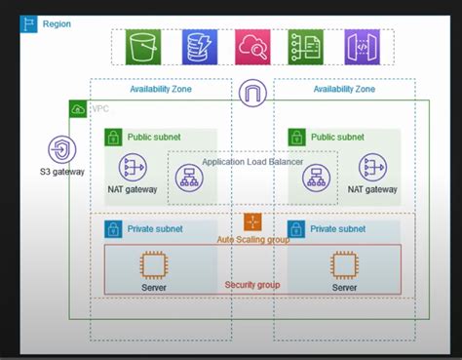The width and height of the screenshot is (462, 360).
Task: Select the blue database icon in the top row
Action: point(199,47)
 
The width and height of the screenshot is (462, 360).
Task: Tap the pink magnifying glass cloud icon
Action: point(252,47)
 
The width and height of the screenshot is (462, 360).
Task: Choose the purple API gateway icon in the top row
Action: point(362,47)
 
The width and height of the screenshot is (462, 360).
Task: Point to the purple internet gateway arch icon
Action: point(252,96)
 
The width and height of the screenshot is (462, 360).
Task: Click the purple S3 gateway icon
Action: point(60,151)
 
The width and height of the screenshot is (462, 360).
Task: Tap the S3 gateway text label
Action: point(60,173)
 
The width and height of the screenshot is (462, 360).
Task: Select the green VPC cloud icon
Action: point(78,110)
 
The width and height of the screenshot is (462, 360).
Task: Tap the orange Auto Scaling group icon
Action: point(252,221)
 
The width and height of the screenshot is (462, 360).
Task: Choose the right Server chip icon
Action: point(343,265)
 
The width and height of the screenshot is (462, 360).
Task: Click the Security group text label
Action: point(253,284)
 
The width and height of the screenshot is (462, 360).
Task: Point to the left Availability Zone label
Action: point(161,90)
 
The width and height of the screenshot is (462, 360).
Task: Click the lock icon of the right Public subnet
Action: point(297,139)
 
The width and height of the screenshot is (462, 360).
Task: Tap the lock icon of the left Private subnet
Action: point(114,230)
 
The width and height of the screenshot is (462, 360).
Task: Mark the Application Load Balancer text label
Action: point(252,162)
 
